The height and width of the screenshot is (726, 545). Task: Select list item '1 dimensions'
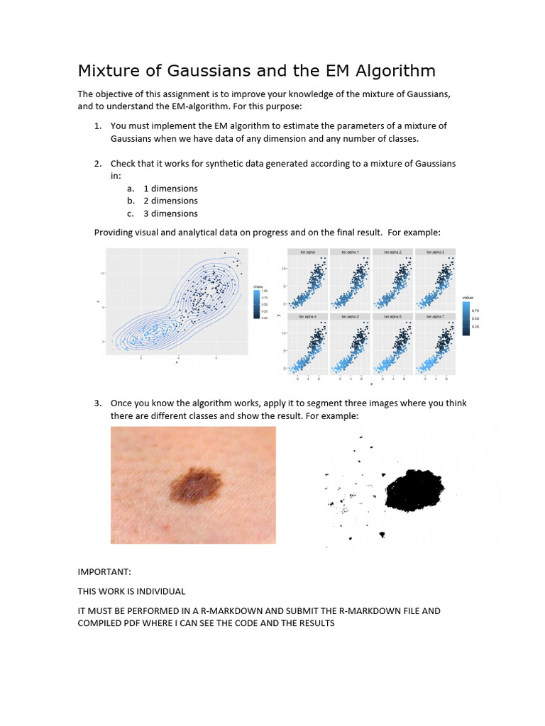pos(170,189)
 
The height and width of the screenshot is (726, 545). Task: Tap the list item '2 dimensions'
pos(170,201)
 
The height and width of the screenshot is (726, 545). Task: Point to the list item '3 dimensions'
pos(170,213)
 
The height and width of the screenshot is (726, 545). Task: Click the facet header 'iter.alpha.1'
pos(350,252)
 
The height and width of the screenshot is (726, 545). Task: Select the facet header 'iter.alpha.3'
pos(434,252)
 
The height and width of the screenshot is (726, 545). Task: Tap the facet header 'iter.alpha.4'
pos(308,316)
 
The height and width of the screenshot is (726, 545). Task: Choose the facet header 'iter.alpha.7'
pos(434,316)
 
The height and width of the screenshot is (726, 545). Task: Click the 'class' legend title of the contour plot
pos(259,286)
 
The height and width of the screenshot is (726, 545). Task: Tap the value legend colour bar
pos(466,318)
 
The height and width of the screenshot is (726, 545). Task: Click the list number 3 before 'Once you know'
pos(98,403)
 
